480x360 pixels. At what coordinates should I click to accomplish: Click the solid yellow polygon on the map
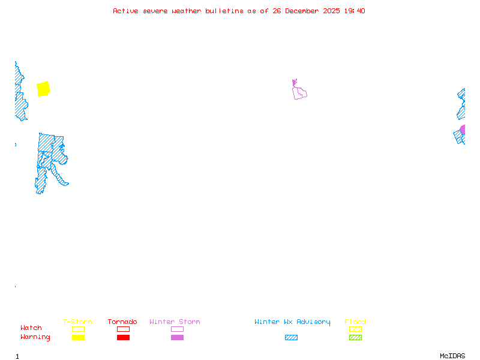click(x=43, y=89)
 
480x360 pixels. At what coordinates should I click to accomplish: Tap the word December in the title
click(x=302, y=11)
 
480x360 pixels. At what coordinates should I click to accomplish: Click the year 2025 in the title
click(x=332, y=11)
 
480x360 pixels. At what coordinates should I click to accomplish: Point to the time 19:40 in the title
click(x=355, y=11)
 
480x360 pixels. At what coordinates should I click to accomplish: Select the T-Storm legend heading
click(x=77, y=322)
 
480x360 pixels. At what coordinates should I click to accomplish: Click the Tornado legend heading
click(x=122, y=322)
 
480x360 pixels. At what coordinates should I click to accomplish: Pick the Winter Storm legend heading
click(x=175, y=322)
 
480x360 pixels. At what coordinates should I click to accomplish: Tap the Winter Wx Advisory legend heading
click(x=292, y=322)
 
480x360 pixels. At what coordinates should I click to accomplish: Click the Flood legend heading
click(x=355, y=322)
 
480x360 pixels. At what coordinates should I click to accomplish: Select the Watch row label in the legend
click(x=31, y=328)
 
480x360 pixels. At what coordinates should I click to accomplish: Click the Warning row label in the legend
click(x=35, y=337)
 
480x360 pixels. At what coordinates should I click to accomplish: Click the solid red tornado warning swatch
click(x=124, y=337)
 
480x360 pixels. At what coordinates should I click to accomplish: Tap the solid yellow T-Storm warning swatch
click(x=79, y=337)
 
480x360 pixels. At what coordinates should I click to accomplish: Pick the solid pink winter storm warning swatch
click(x=177, y=337)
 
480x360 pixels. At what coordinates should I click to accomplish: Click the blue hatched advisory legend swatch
click(x=291, y=337)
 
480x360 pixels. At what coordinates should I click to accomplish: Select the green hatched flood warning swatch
click(x=355, y=337)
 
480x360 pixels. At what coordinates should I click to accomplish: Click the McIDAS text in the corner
click(x=452, y=356)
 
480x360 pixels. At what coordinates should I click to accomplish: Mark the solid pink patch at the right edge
click(x=463, y=129)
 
